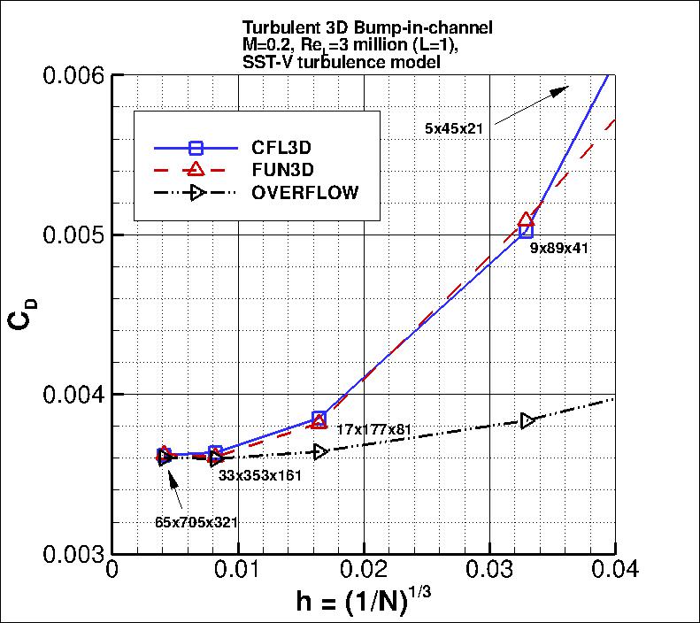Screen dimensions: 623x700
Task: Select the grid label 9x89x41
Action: tap(559, 249)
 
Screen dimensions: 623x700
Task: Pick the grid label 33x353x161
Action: tap(261, 474)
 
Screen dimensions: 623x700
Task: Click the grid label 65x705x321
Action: tap(196, 522)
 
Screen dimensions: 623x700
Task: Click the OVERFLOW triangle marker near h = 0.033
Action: tap(528, 420)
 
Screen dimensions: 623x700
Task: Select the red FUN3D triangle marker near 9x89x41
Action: tap(527, 219)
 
